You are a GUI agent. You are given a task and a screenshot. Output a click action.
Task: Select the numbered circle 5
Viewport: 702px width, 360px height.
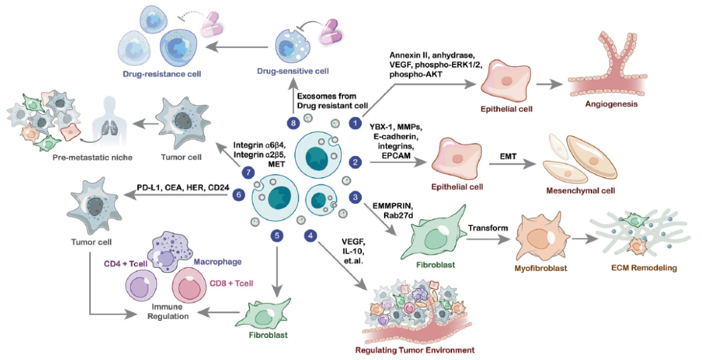[278, 235]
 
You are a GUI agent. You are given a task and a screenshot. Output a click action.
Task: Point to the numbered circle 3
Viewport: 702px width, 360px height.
[355, 196]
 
